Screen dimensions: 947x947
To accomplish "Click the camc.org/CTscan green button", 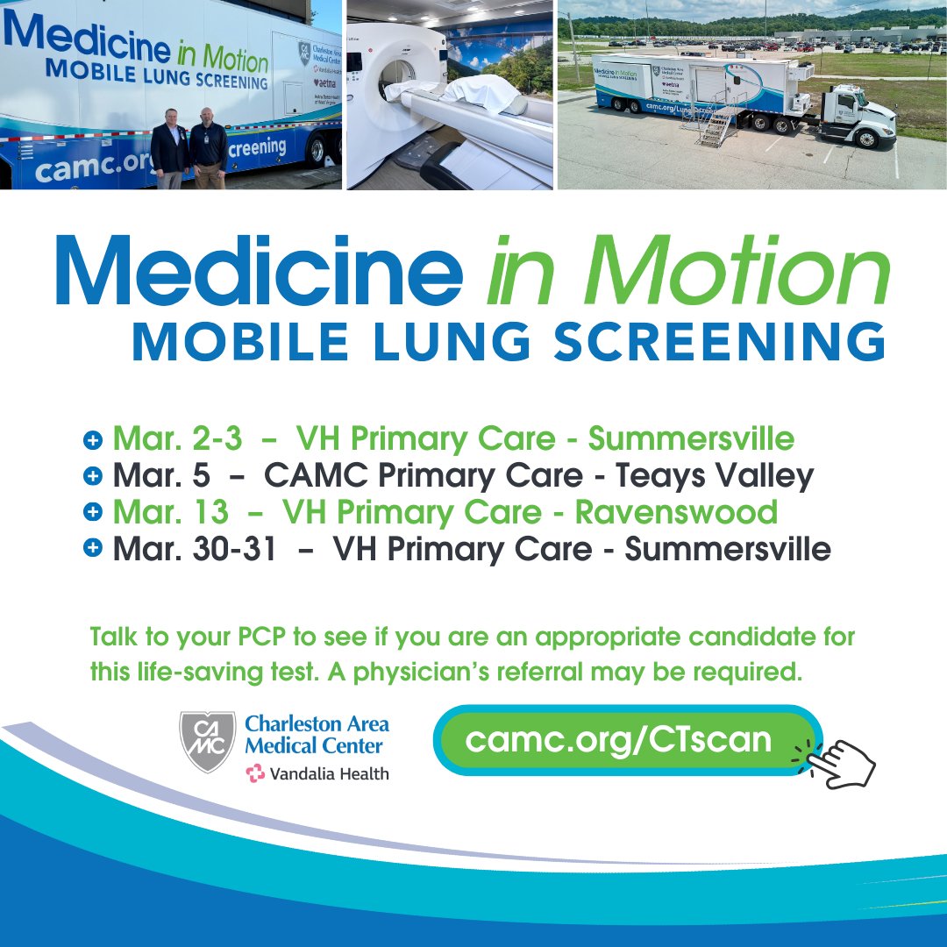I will (619, 740).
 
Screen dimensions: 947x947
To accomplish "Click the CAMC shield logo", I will (208, 741).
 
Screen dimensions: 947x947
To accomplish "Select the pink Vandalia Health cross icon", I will (255, 773).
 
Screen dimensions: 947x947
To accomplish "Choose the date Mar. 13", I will (170, 512).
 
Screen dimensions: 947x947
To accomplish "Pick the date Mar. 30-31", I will (194, 550).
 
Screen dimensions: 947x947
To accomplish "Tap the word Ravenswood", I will (676, 512).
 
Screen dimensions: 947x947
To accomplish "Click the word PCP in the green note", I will (242, 637).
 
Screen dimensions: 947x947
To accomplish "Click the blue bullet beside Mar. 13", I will (93, 512).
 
